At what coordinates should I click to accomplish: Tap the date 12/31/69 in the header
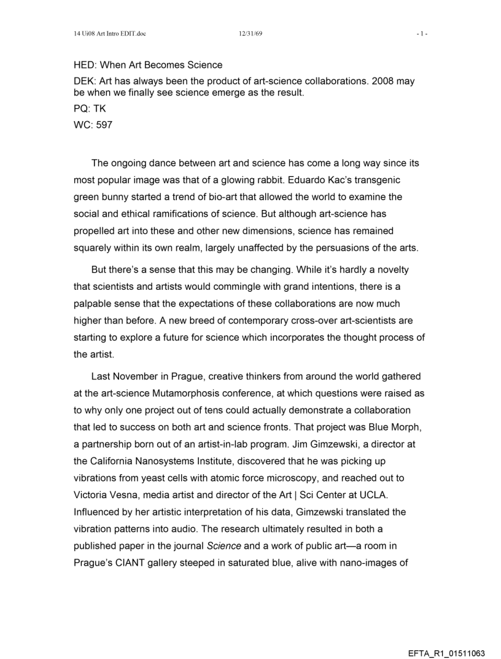click(251, 33)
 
